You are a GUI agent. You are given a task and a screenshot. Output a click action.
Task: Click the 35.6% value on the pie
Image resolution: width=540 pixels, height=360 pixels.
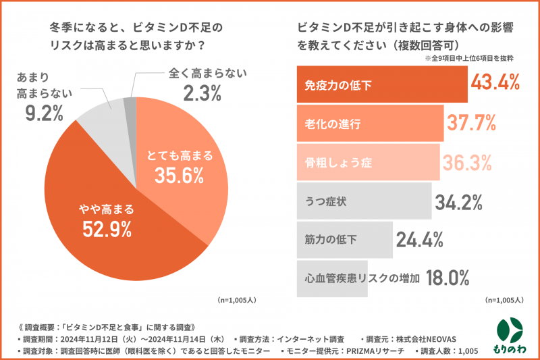(179, 176)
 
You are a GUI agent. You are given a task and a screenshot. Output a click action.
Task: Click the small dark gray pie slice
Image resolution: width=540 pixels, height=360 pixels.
(130, 103)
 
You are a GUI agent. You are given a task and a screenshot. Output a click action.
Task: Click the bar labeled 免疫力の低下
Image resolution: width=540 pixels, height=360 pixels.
(381, 85)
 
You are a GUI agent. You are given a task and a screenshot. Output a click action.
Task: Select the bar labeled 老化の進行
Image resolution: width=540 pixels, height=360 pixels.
(369, 124)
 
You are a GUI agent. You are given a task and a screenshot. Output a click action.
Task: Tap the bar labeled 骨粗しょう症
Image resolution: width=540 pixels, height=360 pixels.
(368, 162)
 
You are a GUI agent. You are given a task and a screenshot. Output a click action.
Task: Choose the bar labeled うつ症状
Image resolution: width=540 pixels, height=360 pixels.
(363, 201)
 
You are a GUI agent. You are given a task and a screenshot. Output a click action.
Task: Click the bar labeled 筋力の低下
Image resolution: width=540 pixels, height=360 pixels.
(344, 240)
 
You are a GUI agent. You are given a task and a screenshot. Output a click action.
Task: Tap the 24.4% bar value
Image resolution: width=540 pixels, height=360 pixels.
(420, 239)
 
